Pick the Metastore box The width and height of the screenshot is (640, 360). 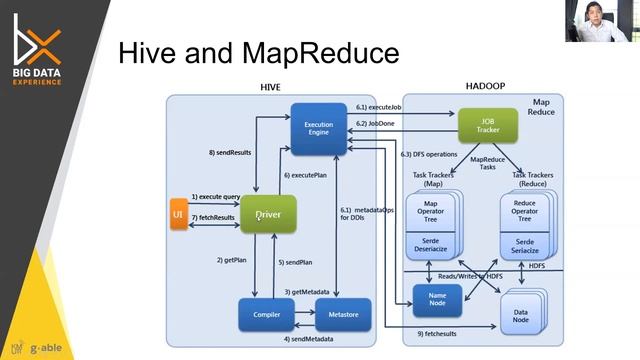[x=336, y=314]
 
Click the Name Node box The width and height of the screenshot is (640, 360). [x=436, y=298]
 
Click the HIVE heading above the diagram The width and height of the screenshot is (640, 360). [x=270, y=88]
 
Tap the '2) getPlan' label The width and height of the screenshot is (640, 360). [x=233, y=260]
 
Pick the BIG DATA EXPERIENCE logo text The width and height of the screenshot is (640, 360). [x=37, y=75]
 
